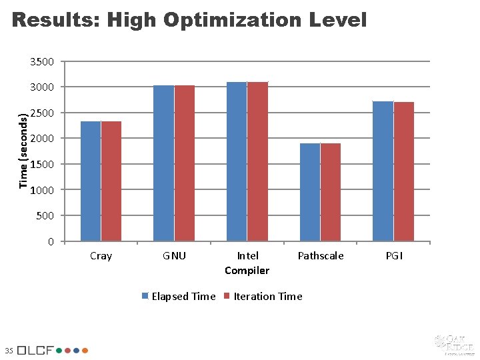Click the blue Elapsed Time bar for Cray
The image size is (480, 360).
[x=91, y=181]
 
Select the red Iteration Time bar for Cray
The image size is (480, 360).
[x=111, y=181]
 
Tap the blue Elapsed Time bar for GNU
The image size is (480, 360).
[x=163, y=163]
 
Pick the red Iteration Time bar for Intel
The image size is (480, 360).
[x=257, y=161]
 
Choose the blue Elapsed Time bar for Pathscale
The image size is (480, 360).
[x=310, y=192]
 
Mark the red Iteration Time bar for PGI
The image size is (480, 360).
[x=404, y=171]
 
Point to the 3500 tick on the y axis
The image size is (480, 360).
[x=42, y=62]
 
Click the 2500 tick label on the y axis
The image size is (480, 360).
[x=42, y=113]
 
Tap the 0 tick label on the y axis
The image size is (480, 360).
[x=51, y=241]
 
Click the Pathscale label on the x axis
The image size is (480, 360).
[x=321, y=256]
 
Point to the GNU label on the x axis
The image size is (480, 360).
[x=175, y=256]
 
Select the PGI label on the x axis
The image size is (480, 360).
[x=394, y=256]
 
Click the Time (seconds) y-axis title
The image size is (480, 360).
[x=24, y=151]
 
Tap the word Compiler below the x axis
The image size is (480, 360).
[x=247, y=270]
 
